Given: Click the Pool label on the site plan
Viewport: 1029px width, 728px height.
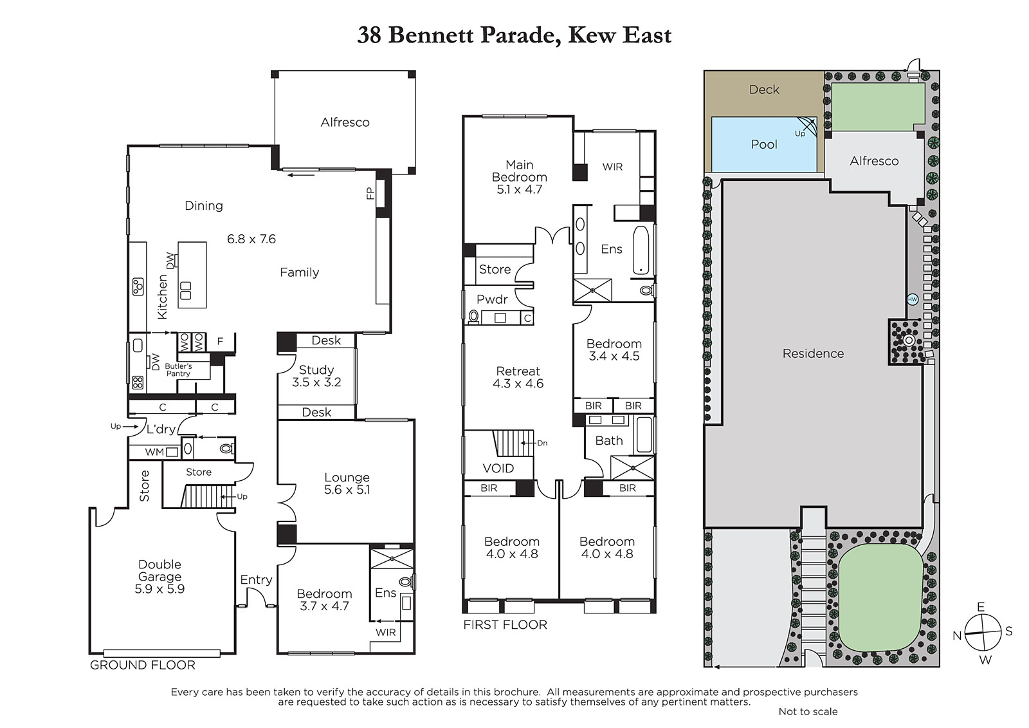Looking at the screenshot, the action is click(764, 144).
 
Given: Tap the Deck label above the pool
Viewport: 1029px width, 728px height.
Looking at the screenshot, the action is click(764, 89).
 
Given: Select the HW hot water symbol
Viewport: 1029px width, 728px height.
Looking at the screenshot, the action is click(913, 299).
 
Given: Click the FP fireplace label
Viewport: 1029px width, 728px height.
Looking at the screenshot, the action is click(370, 193).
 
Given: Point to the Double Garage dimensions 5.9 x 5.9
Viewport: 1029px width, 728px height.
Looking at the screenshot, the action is click(159, 589).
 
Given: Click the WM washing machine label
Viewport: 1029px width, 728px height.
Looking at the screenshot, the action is click(154, 452).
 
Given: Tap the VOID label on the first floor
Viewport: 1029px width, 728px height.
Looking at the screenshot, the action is click(498, 468).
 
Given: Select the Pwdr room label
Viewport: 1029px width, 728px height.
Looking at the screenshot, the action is click(492, 299).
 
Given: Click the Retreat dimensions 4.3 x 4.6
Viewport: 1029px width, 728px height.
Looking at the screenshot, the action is click(518, 384).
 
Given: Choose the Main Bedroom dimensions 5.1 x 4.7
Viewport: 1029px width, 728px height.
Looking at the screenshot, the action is click(519, 189).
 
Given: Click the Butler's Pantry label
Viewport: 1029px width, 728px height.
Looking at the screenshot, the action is click(178, 369).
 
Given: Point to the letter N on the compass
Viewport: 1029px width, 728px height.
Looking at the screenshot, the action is click(957, 635).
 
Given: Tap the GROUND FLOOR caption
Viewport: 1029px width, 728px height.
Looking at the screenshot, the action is click(142, 665).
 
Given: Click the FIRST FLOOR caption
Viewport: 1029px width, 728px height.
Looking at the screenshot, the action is click(505, 624).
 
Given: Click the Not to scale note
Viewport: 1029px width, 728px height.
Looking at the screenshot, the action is click(808, 711).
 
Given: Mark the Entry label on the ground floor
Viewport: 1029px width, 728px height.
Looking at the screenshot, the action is click(256, 580).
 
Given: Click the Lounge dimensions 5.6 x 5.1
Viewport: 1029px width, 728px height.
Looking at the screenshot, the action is click(347, 490).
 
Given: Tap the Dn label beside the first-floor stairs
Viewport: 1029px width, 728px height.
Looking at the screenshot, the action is click(542, 443).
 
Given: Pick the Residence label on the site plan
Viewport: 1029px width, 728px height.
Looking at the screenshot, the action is click(813, 353).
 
